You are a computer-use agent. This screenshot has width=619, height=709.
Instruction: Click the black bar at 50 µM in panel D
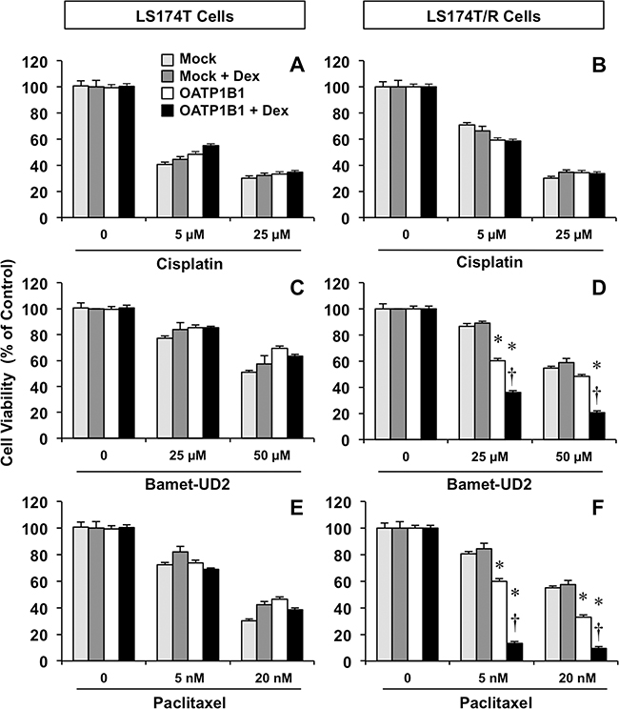click(597, 427)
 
